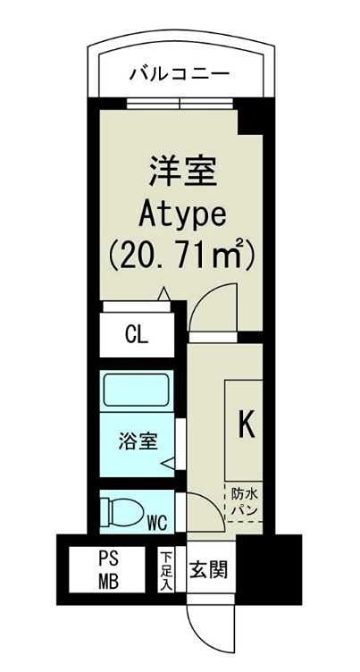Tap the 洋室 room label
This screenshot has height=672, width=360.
[x=182, y=170]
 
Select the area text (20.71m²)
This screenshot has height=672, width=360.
[x=182, y=256]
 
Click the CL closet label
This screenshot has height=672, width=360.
[x=137, y=336]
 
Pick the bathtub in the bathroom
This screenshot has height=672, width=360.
[x=138, y=391]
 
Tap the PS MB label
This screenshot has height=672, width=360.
[x=107, y=568]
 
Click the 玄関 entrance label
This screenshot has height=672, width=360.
[x=211, y=568]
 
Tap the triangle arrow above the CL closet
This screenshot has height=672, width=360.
[x=163, y=293]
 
